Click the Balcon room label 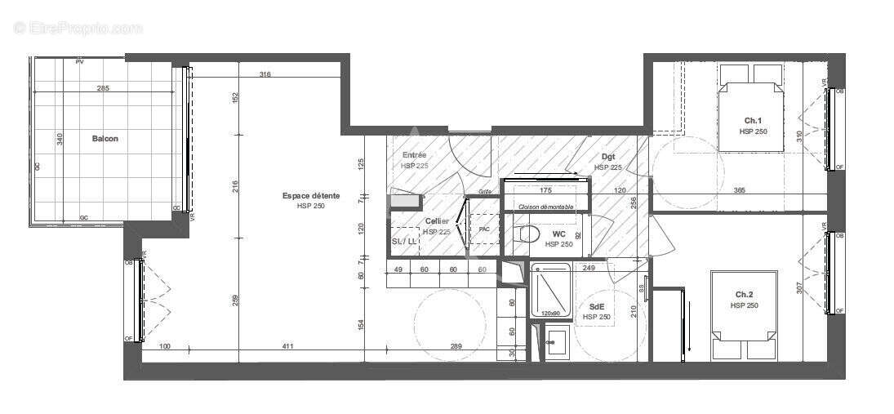[x=105, y=139]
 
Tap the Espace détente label [x=310, y=196]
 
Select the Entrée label [x=415, y=154]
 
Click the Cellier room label [x=437, y=221]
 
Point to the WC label [x=559, y=234]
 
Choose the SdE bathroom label [x=597, y=307]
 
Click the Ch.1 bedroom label [x=754, y=121]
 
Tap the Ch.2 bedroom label [x=745, y=295]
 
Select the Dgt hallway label [x=608, y=157]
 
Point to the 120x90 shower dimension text [x=550, y=314]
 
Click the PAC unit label [x=484, y=229]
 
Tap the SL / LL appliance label [x=404, y=242]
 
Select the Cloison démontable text [x=545, y=207]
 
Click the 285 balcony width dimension [x=103, y=87]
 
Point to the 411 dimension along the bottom [x=287, y=348]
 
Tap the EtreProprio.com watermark [x=78, y=28]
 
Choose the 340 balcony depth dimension [x=59, y=140]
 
